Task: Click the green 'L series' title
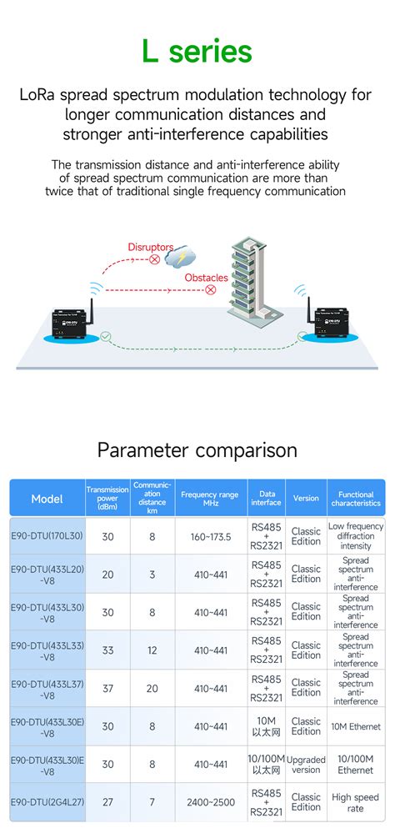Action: click(x=197, y=52)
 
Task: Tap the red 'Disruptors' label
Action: click(x=150, y=247)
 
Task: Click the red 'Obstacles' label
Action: click(x=206, y=278)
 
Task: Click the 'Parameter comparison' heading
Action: click(x=197, y=450)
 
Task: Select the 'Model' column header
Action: click(x=47, y=499)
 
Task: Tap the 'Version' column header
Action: click(x=306, y=499)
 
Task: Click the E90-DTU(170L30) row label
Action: click(x=47, y=536)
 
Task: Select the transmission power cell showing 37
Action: click(x=107, y=688)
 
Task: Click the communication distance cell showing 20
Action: click(x=152, y=688)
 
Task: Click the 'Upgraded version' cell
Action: click(x=306, y=764)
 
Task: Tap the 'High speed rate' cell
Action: click(x=356, y=802)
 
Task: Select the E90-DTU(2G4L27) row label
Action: click(x=47, y=802)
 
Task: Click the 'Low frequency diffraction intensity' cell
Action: click(x=356, y=536)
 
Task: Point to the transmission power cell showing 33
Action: click(x=107, y=650)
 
